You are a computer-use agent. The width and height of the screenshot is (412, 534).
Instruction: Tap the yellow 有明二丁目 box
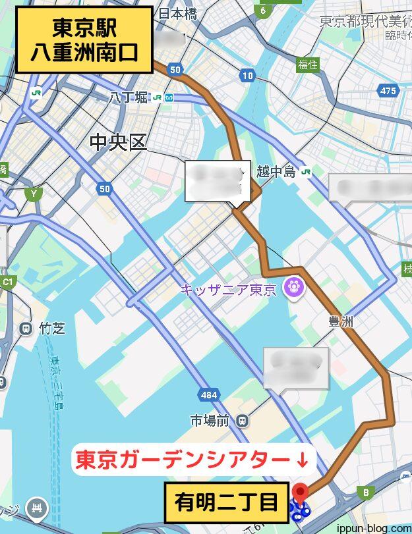tap(227, 504)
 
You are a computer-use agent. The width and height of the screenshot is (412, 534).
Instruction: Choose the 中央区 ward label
tap(118, 142)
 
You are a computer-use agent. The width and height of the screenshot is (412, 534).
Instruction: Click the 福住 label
tap(307, 65)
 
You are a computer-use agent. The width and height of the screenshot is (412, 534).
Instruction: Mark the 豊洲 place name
tap(342, 321)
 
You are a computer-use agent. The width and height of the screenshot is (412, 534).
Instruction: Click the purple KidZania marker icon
tap(291, 286)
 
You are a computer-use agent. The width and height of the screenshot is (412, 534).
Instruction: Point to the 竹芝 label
tap(52, 328)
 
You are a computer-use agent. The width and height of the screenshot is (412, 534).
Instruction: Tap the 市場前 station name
tap(210, 420)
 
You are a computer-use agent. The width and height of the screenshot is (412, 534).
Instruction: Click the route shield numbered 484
tap(208, 394)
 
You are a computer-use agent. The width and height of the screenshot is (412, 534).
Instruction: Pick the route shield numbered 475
tap(388, 91)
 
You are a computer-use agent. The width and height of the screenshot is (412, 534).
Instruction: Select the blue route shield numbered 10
tap(247, 76)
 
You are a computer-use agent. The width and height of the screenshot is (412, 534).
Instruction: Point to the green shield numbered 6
tap(263, 10)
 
